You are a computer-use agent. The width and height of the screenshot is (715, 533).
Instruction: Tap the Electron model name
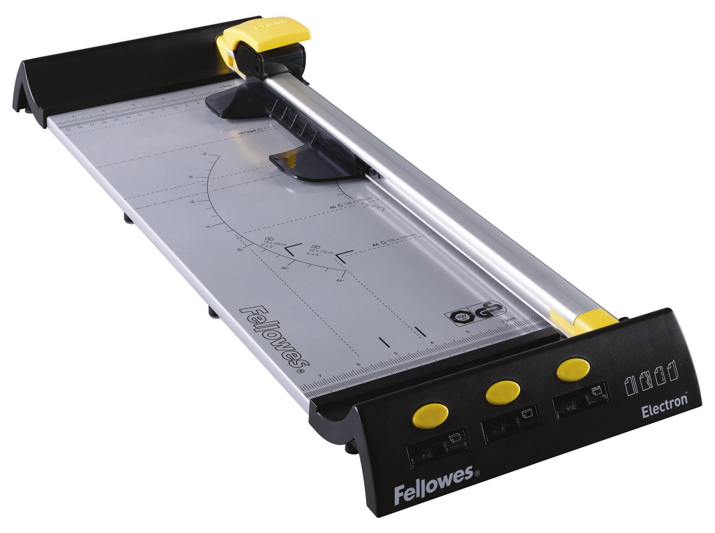(x=665, y=400)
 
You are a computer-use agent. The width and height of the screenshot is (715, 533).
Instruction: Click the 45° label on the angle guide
(x=340, y=281)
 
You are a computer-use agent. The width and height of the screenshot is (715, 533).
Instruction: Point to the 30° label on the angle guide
(x=285, y=268)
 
